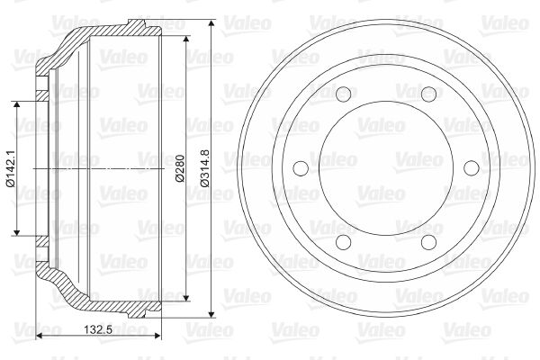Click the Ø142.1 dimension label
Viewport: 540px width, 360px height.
point(11,168)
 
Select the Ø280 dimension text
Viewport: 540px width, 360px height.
point(180,168)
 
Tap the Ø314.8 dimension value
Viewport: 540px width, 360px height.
point(205,168)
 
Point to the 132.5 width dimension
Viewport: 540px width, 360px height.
point(98,329)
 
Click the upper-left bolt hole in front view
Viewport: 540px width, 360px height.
point(344,94)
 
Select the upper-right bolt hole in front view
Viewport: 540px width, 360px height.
point(428,94)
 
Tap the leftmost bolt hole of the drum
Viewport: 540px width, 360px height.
point(301,168)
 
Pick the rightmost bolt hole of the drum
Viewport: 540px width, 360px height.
point(472,168)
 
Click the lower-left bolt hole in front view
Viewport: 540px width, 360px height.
point(344,242)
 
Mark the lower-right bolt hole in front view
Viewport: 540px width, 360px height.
point(428,242)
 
